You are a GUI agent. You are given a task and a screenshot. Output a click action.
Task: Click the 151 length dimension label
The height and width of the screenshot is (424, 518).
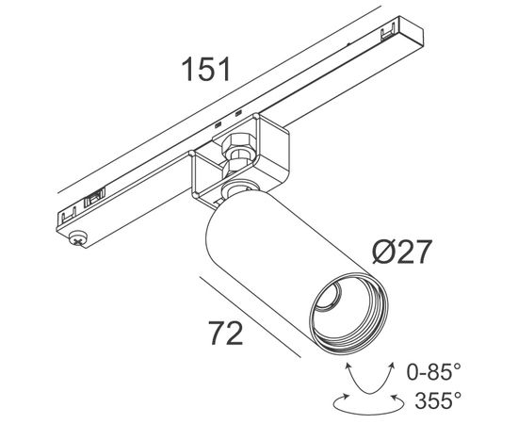(205, 70)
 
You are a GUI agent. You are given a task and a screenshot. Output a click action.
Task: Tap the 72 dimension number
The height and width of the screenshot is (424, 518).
(226, 334)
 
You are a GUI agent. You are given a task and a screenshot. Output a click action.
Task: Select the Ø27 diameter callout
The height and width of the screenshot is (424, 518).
(402, 252)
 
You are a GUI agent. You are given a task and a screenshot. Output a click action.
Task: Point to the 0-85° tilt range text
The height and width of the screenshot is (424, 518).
(433, 371)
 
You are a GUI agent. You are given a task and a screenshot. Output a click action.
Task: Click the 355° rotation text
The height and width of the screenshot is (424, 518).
(438, 400)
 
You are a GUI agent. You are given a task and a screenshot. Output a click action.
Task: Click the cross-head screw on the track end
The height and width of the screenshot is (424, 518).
(78, 238)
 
